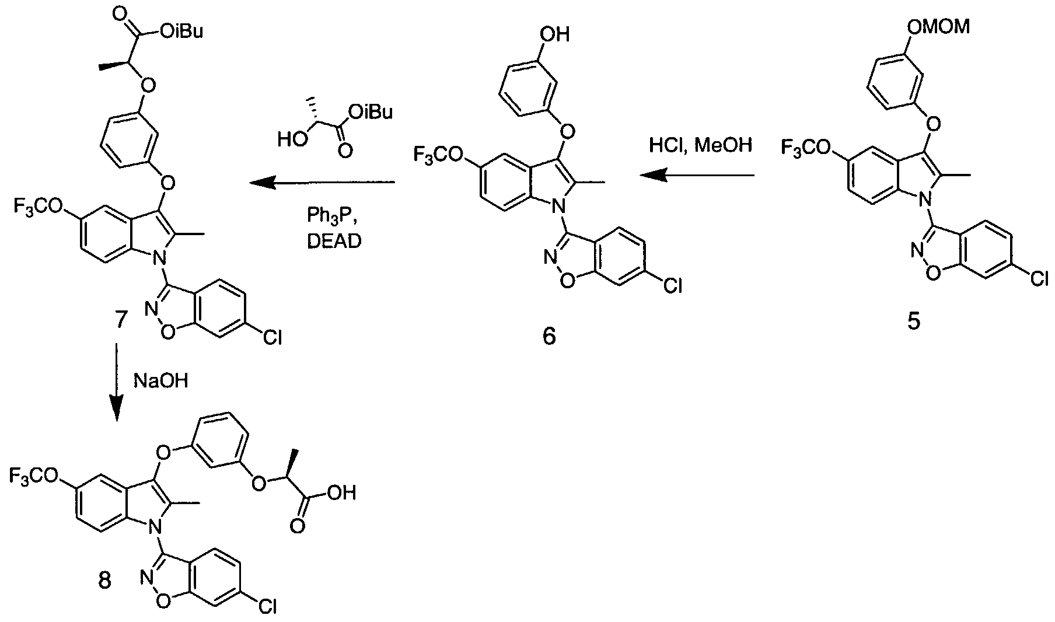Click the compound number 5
(913, 322)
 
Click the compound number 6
(549, 336)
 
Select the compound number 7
(118, 320)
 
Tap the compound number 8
(104, 581)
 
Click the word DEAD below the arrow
(334, 241)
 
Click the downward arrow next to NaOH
(117, 382)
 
